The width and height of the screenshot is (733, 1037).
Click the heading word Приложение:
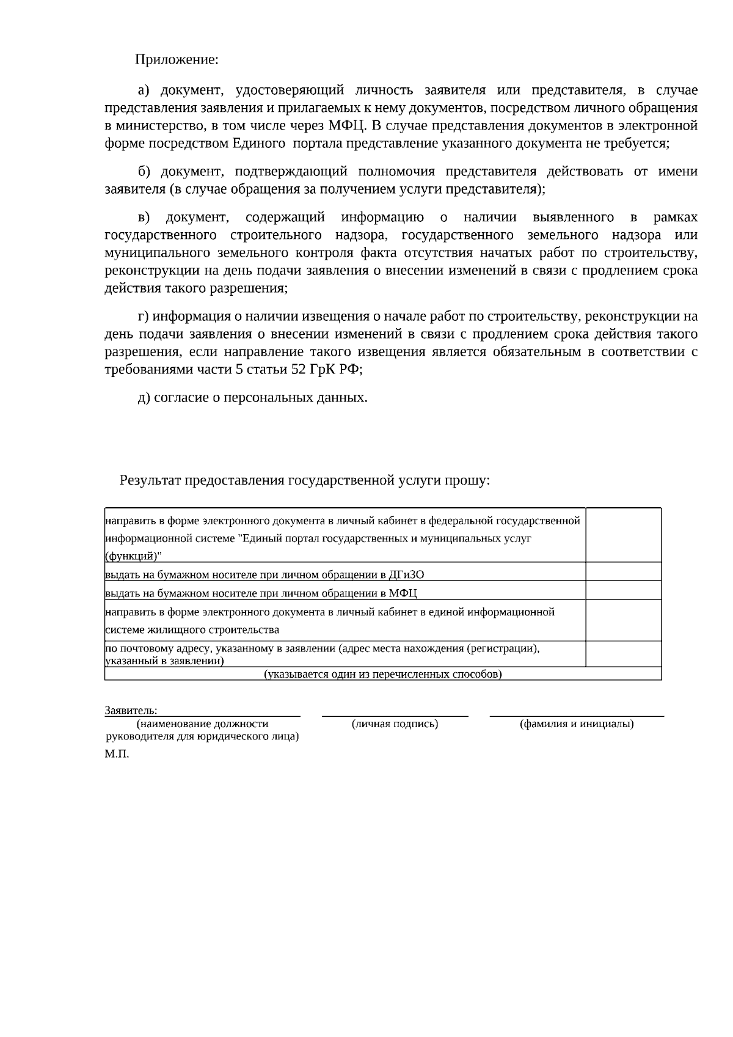click(177, 60)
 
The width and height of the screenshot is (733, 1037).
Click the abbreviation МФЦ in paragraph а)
click(347, 126)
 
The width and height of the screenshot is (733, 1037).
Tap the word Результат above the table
click(150, 480)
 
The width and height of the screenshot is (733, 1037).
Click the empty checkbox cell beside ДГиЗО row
click(623, 572)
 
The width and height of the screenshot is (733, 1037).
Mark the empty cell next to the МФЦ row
click(623, 590)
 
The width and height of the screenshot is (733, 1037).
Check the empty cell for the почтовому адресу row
click(623, 654)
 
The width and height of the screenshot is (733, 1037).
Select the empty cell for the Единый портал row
click(623, 535)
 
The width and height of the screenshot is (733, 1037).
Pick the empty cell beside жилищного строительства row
click(623, 620)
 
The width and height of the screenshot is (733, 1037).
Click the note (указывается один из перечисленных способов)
click(383, 675)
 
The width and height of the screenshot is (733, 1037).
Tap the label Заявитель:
click(131, 711)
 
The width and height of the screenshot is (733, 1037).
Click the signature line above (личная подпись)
click(395, 714)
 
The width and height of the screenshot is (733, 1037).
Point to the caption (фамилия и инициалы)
click(577, 724)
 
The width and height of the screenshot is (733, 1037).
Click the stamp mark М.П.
click(117, 755)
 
